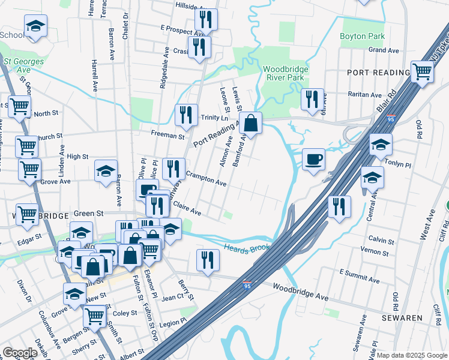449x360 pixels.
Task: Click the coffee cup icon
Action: [313, 160]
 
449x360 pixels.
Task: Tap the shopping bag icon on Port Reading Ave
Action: [252, 124]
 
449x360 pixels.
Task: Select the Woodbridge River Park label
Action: [286, 73]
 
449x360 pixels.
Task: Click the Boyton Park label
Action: [362, 36]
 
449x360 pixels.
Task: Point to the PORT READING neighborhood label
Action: [378, 73]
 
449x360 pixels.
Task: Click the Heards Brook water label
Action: [246, 248]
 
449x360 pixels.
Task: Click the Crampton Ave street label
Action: [206, 179]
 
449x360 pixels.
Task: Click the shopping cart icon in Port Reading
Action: [423, 71]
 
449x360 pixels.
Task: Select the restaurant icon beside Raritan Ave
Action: [312, 100]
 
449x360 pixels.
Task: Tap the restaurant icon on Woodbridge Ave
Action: [208, 260]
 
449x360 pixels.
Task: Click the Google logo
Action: [20, 352]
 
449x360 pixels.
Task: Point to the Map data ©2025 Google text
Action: [412, 355]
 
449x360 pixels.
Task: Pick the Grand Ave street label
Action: [384, 50]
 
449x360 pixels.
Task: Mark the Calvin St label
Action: [382, 241]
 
